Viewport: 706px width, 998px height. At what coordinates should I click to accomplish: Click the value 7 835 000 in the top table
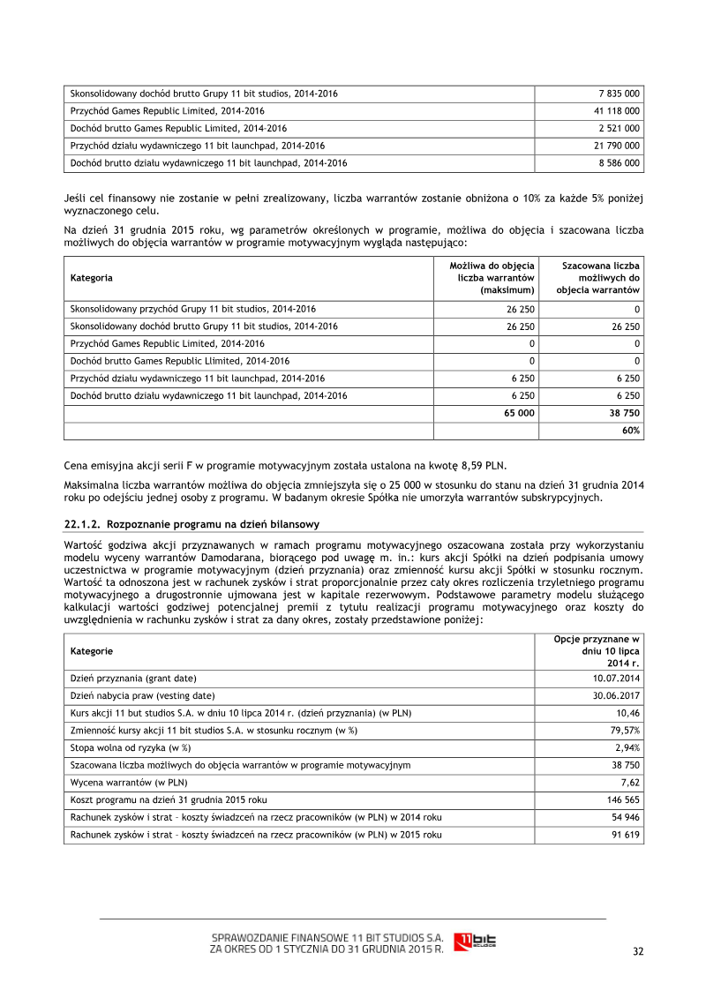tap(619, 94)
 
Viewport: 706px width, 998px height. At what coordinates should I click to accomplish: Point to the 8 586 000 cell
tap(619, 162)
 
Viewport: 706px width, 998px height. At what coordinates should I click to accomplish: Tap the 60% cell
tap(631, 431)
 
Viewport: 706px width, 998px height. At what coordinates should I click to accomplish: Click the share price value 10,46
tap(628, 712)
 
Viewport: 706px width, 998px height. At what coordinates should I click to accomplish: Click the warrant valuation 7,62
tap(630, 782)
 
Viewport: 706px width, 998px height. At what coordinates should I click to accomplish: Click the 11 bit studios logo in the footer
tap(475, 942)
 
